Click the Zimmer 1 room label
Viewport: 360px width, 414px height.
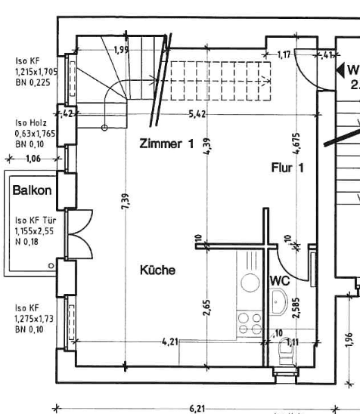tap(171, 144)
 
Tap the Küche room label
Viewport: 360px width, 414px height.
tap(158, 269)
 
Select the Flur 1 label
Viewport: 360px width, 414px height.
tap(287, 168)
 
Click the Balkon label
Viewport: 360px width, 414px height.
tap(32, 190)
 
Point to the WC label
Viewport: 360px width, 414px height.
tap(280, 280)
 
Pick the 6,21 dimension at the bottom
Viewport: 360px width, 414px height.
tap(198, 408)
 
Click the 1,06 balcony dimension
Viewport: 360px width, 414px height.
tap(33, 159)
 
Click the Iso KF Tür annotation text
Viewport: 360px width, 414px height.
tap(33, 231)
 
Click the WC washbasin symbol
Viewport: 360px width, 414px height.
tap(278, 305)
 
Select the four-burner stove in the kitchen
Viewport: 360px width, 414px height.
tap(250, 323)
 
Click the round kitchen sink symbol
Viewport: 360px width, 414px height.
tap(250, 284)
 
